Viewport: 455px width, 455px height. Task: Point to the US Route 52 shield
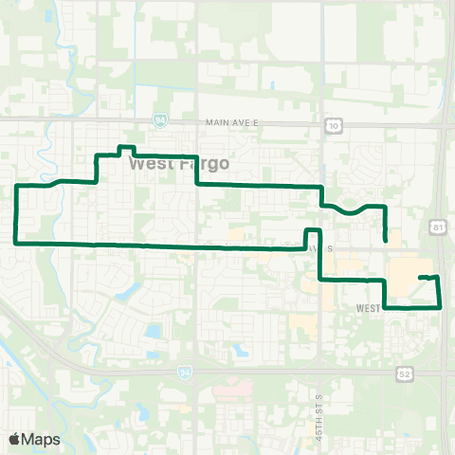click(x=405, y=374)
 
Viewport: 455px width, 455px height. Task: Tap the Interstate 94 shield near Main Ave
click(x=158, y=119)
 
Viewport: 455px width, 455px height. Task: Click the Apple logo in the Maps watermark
click(x=14, y=439)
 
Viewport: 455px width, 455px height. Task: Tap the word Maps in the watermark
click(x=42, y=439)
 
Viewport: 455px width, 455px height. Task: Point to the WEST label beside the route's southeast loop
click(x=369, y=309)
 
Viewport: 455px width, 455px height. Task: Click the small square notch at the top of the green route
click(x=123, y=149)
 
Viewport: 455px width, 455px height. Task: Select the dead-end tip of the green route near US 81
click(x=385, y=241)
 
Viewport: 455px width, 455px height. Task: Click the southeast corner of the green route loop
click(x=441, y=307)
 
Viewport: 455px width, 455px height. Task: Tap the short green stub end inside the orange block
click(x=419, y=277)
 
